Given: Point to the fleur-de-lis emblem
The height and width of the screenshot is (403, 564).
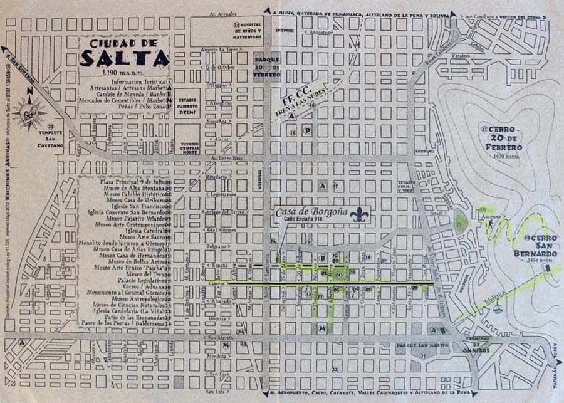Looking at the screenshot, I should coord(360,215).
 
